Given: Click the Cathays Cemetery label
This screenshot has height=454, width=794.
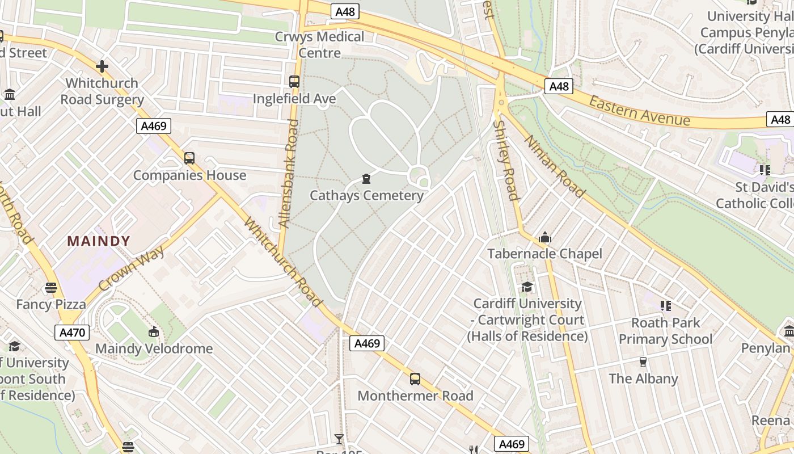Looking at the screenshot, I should [x=366, y=196].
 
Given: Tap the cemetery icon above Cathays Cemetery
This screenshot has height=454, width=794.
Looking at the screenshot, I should [x=366, y=179].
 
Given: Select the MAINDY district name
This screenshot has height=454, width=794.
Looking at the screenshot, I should [x=99, y=241].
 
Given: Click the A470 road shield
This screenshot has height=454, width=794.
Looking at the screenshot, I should [x=73, y=333].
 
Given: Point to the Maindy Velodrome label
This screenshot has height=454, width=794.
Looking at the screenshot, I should [x=154, y=348].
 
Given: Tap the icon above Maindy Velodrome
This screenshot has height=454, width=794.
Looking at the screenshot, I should [x=153, y=332].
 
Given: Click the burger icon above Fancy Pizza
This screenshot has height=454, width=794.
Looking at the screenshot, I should [x=51, y=288].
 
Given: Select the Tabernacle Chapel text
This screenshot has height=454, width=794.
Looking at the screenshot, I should [x=544, y=254].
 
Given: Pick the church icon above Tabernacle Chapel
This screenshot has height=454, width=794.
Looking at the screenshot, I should [x=544, y=237].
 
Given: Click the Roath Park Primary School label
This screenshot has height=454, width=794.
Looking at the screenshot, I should [x=665, y=331].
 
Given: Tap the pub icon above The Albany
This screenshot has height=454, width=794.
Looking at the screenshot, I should [x=643, y=362].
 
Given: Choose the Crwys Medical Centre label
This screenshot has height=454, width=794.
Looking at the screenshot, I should [x=320, y=45].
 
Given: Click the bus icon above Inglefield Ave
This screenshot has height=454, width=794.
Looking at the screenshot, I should [x=294, y=82].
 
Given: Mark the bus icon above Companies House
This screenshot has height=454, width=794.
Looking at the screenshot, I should [x=189, y=158].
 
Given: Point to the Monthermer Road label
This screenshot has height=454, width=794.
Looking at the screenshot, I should [x=415, y=396].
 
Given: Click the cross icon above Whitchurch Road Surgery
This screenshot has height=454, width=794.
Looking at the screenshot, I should [x=102, y=67].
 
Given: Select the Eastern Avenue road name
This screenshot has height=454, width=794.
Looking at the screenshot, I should [x=639, y=111].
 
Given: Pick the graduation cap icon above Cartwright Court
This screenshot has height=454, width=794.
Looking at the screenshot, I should [x=527, y=287].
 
